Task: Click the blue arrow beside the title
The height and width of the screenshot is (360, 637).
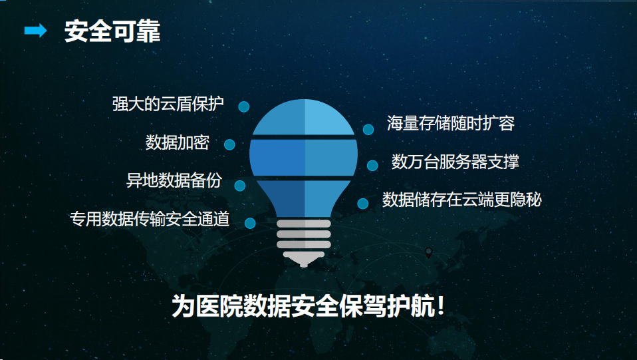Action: pos(35,31)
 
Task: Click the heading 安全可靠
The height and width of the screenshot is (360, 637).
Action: pos(112,31)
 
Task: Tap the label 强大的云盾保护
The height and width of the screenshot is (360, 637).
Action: pos(168,104)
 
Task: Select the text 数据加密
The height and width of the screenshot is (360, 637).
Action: pos(177,142)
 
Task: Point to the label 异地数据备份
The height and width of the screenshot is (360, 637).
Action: pos(174,180)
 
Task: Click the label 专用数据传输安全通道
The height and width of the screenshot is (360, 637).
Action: pos(150,219)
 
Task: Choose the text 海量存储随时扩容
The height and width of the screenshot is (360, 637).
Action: pos(451,123)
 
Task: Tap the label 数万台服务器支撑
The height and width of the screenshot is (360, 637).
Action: pos(455,162)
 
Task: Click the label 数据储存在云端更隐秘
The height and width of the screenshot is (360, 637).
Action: pos(461,200)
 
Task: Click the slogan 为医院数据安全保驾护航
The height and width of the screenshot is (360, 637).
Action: pos(303,305)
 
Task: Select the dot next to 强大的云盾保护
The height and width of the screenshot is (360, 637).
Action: pos(244,106)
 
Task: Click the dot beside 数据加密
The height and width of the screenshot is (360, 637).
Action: pos(229,144)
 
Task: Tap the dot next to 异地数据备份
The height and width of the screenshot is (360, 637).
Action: pos(239,186)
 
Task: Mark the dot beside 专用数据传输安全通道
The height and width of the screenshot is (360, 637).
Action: pos(250,223)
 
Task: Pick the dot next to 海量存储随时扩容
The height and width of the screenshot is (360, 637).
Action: pos(368,129)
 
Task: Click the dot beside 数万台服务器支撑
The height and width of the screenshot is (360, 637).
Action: pos(372,165)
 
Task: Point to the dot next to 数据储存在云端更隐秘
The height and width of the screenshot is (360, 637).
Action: pos(363,204)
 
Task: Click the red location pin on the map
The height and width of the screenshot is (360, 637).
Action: pos(429,253)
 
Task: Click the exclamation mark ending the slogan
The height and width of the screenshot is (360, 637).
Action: pos(441,305)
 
